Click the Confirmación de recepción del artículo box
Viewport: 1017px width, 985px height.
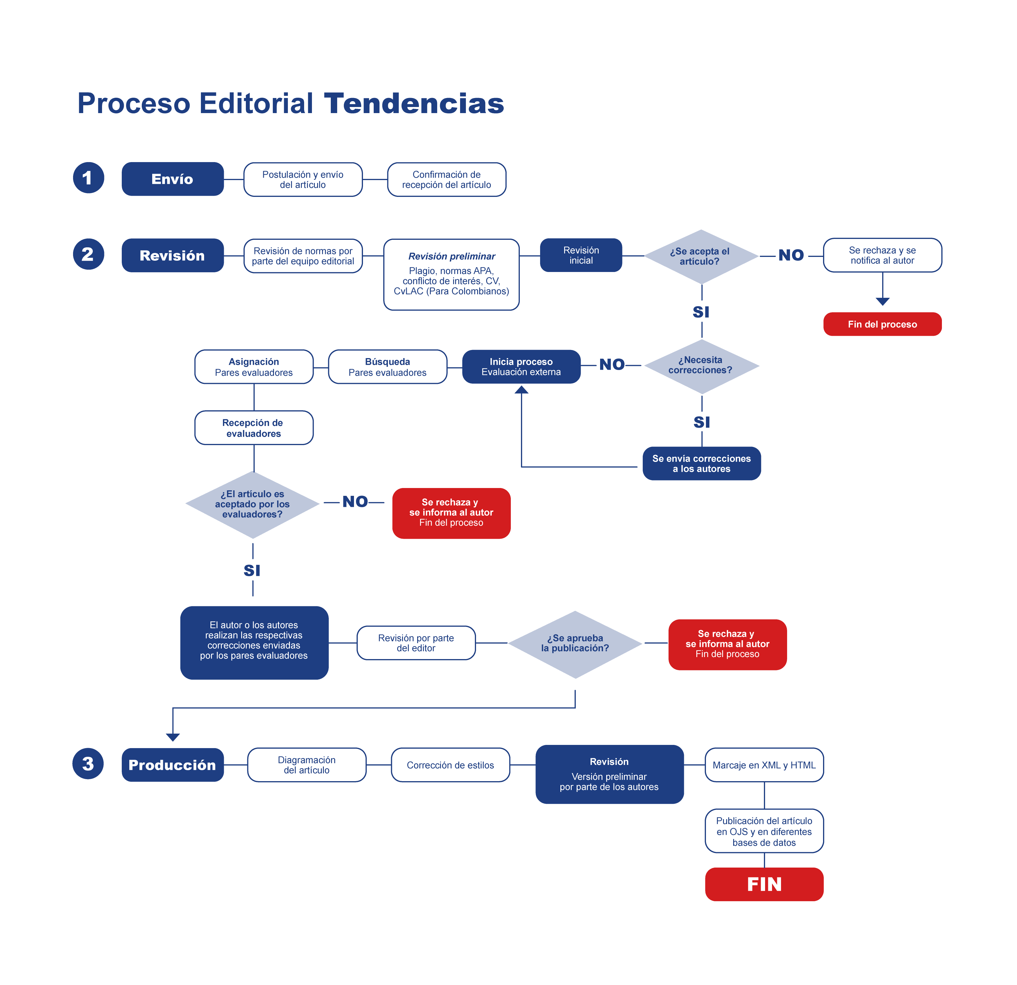point(447,179)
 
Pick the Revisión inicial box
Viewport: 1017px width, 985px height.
point(581,255)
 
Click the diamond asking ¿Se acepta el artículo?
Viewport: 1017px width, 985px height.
point(701,256)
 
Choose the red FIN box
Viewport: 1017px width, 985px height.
point(764,884)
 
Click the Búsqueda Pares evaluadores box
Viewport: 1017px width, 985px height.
point(388,367)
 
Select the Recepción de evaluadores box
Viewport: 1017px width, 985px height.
point(254,428)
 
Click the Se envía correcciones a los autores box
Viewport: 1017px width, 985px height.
point(702,463)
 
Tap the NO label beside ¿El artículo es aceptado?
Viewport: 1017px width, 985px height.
point(355,502)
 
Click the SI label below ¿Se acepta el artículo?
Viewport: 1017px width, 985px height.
point(701,312)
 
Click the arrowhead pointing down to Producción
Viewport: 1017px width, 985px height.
point(173,737)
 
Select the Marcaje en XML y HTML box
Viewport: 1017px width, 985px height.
point(764,765)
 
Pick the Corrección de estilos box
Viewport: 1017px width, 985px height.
point(451,765)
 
